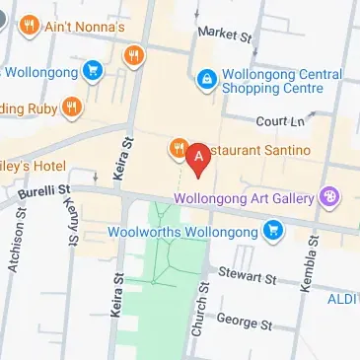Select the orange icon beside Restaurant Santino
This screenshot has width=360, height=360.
coord(179,149)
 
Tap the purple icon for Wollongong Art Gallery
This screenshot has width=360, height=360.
coord(327,197)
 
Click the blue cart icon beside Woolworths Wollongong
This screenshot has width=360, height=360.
coord(272,232)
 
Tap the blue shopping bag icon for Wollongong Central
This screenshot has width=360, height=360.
coord(207,77)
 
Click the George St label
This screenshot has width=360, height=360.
coord(243,322)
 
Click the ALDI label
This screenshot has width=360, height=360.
coord(344,299)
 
